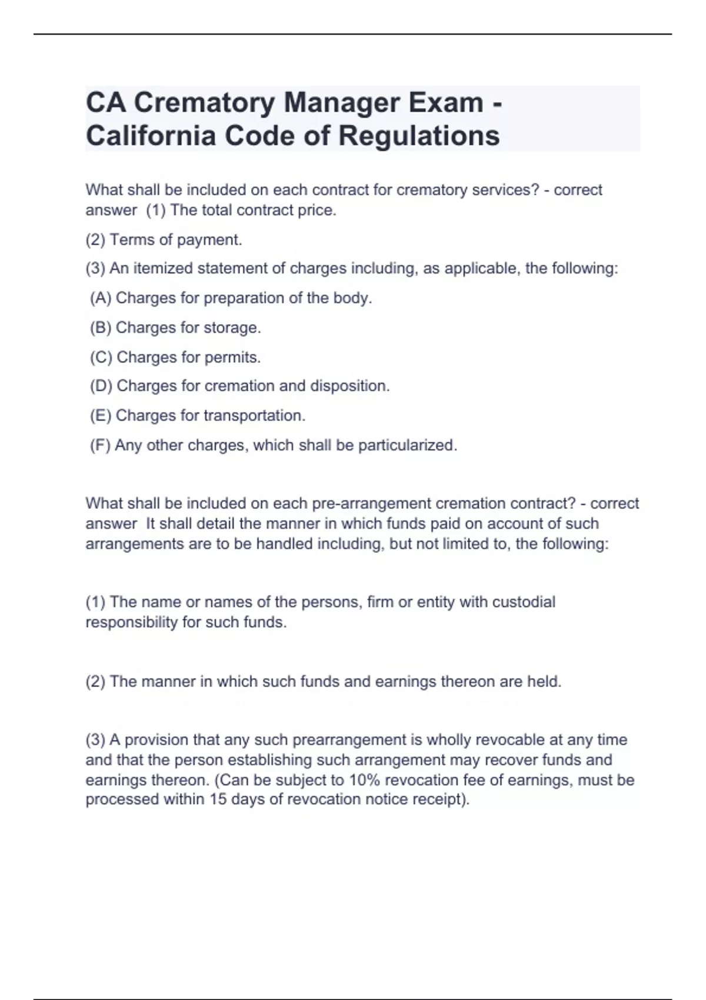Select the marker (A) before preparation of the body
(100, 298)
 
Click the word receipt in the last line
(438, 800)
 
